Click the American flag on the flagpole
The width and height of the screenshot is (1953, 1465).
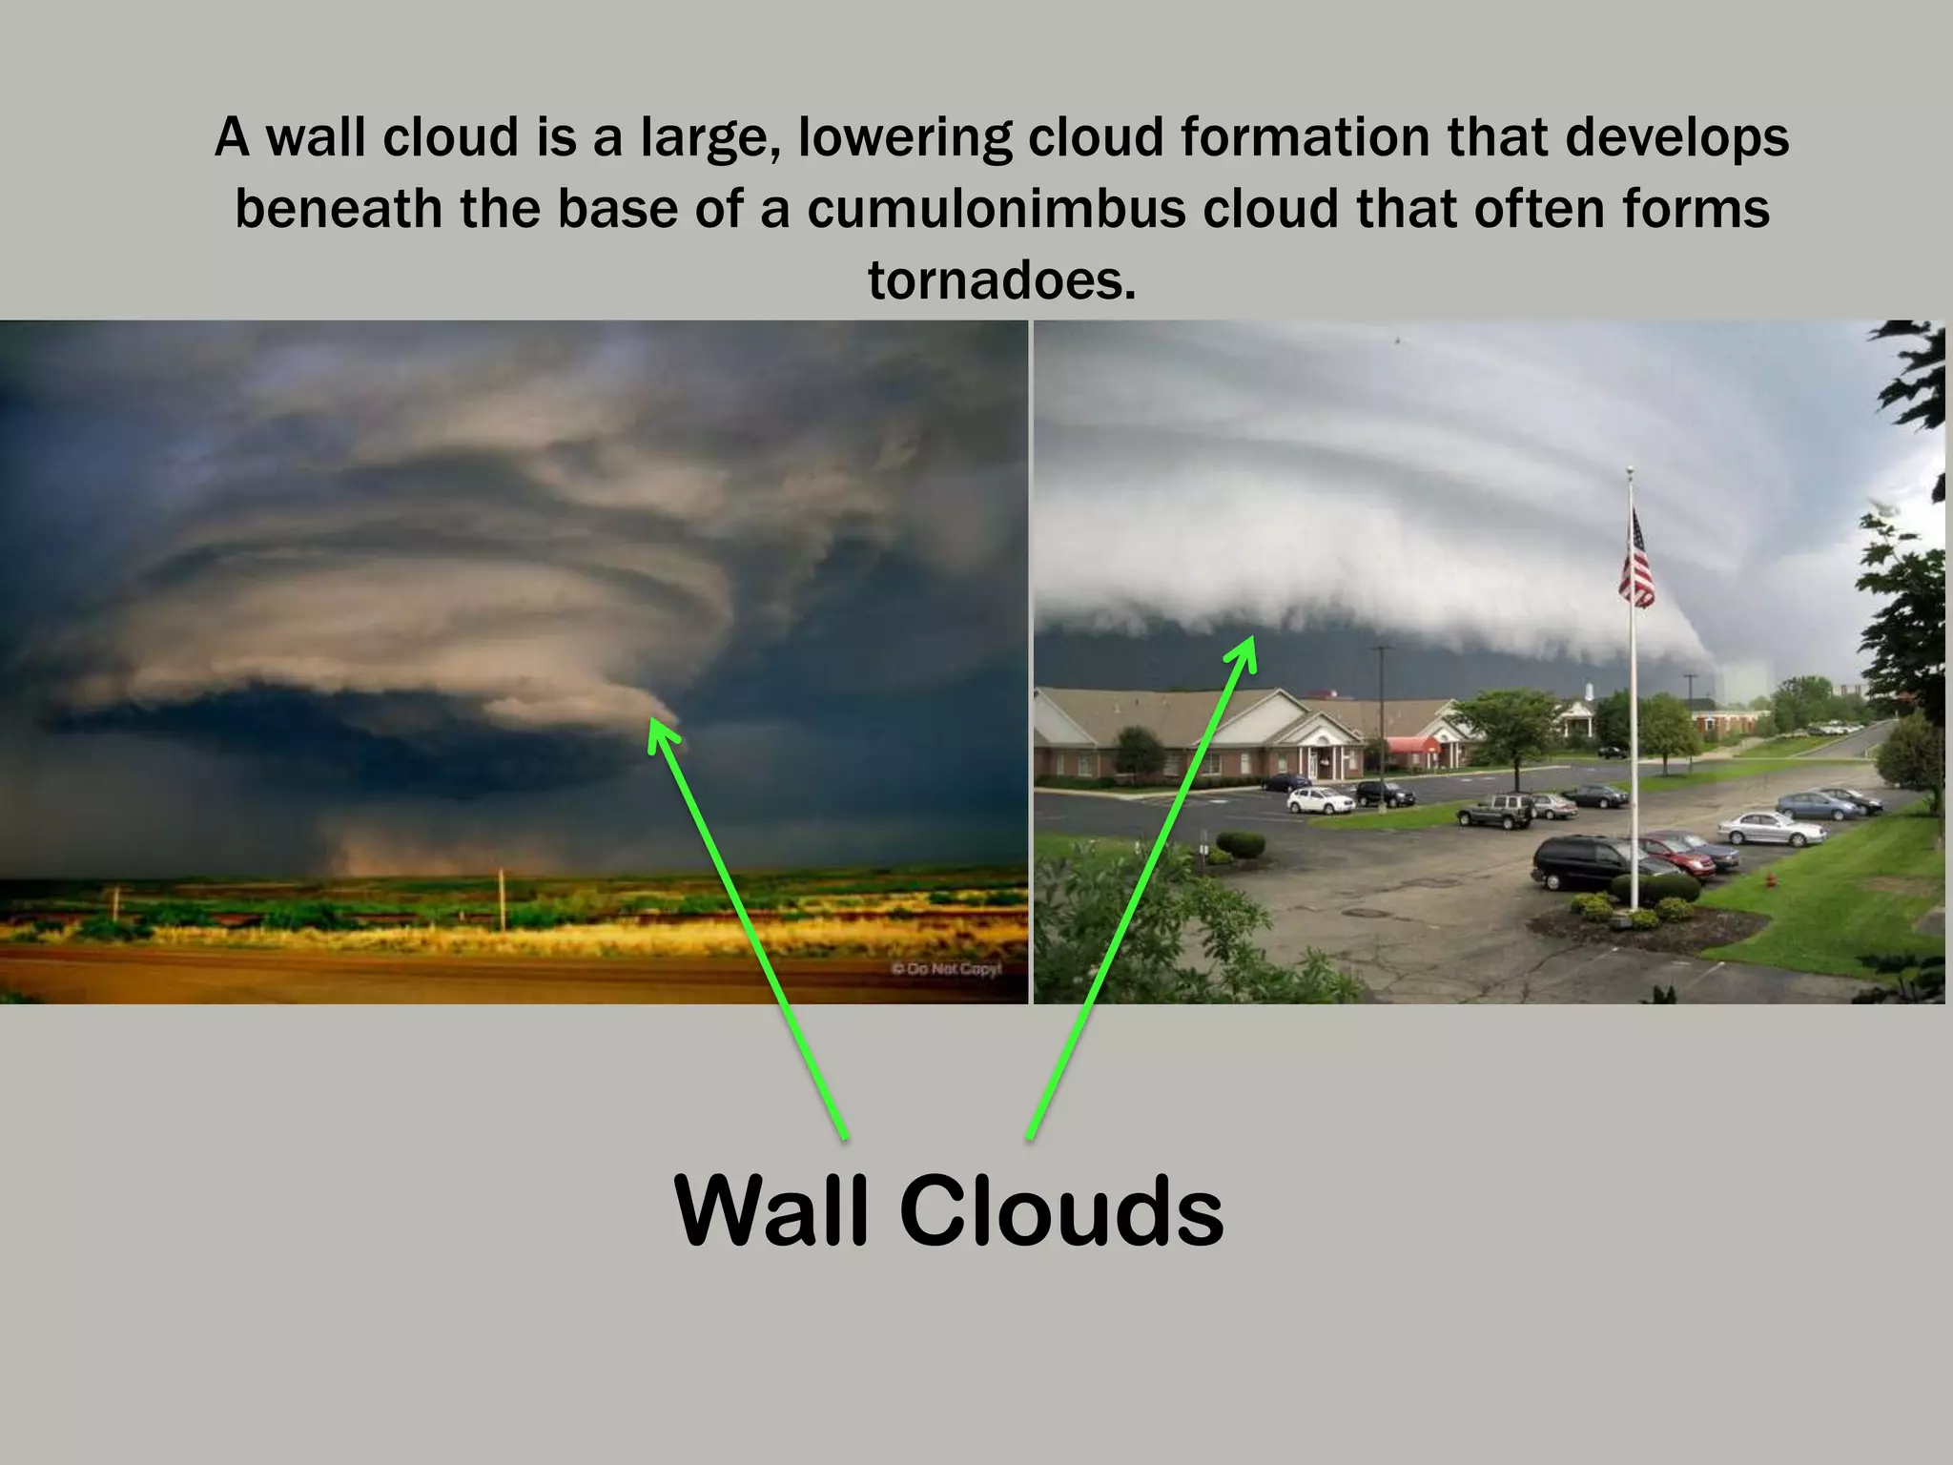[x=1636, y=563]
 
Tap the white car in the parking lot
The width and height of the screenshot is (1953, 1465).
[x=1320, y=800]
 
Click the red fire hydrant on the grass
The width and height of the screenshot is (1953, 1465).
[x=1771, y=878]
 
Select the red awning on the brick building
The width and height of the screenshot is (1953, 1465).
[x=1411, y=745]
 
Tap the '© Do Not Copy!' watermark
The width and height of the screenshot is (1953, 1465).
[x=946, y=969]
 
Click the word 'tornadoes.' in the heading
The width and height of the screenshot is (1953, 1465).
[x=1001, y=280]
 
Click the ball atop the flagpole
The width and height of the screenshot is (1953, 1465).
[x=1630, y=470]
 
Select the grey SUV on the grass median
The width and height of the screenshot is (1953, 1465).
[x=1494, y=811]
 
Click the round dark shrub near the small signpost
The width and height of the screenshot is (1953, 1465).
[x=1241, y=844]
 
